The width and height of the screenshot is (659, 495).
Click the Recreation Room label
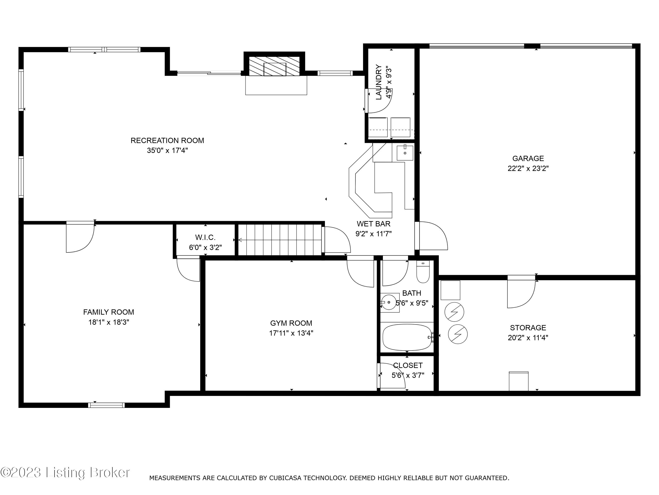click(167, 141)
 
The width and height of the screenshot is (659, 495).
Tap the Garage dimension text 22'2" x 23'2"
click(528, 168)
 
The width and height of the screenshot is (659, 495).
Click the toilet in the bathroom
click(423, 272)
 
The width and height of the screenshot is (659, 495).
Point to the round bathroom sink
click(389, 302)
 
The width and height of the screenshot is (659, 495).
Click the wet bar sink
click(405, 153)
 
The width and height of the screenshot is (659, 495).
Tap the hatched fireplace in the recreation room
click(274, 66)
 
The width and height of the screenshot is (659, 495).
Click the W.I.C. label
click(205, 238)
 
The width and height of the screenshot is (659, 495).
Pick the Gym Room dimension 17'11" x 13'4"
click(291, 333)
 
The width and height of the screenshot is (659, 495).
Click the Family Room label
click(109, 312)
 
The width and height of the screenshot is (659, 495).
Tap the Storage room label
click(528, 328)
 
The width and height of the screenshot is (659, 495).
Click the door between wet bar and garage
click(432, 236)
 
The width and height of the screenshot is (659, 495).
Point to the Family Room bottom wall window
click(106, 405)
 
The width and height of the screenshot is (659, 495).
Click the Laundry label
click(379, 82)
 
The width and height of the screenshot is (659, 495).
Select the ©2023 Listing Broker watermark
click(65, 473)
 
